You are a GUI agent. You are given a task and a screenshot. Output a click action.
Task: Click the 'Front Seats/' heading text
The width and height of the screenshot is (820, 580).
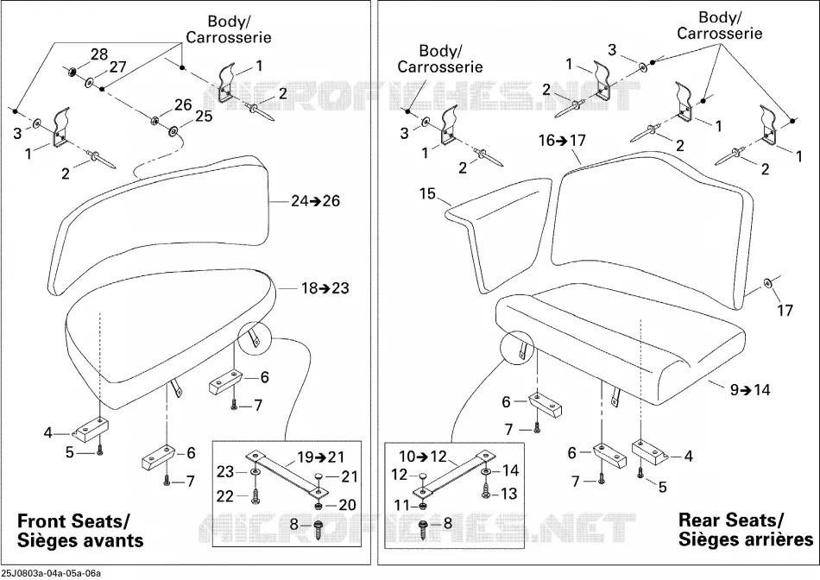click(73, 521)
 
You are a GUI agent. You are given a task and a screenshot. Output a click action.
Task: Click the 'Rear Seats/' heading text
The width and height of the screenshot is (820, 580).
click(731, 520)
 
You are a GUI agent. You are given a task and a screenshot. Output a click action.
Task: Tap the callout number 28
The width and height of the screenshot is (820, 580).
click(99, 54)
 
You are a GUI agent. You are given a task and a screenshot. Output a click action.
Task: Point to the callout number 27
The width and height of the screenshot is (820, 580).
click(118, 67)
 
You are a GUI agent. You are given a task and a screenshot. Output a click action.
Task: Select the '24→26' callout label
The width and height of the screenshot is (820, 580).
click(315, 201)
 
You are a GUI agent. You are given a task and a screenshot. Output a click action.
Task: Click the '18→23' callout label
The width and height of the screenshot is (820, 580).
click(325, 288)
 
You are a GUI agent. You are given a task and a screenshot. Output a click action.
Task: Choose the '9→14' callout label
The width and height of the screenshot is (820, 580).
click(750, 389)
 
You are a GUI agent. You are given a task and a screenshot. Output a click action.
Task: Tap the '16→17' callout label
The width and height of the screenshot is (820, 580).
click(563, 140)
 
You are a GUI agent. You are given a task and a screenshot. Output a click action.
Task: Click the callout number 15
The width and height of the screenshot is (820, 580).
click(427, 193)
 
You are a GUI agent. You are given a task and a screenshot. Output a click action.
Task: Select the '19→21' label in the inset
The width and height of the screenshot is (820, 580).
click(321, 457)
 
